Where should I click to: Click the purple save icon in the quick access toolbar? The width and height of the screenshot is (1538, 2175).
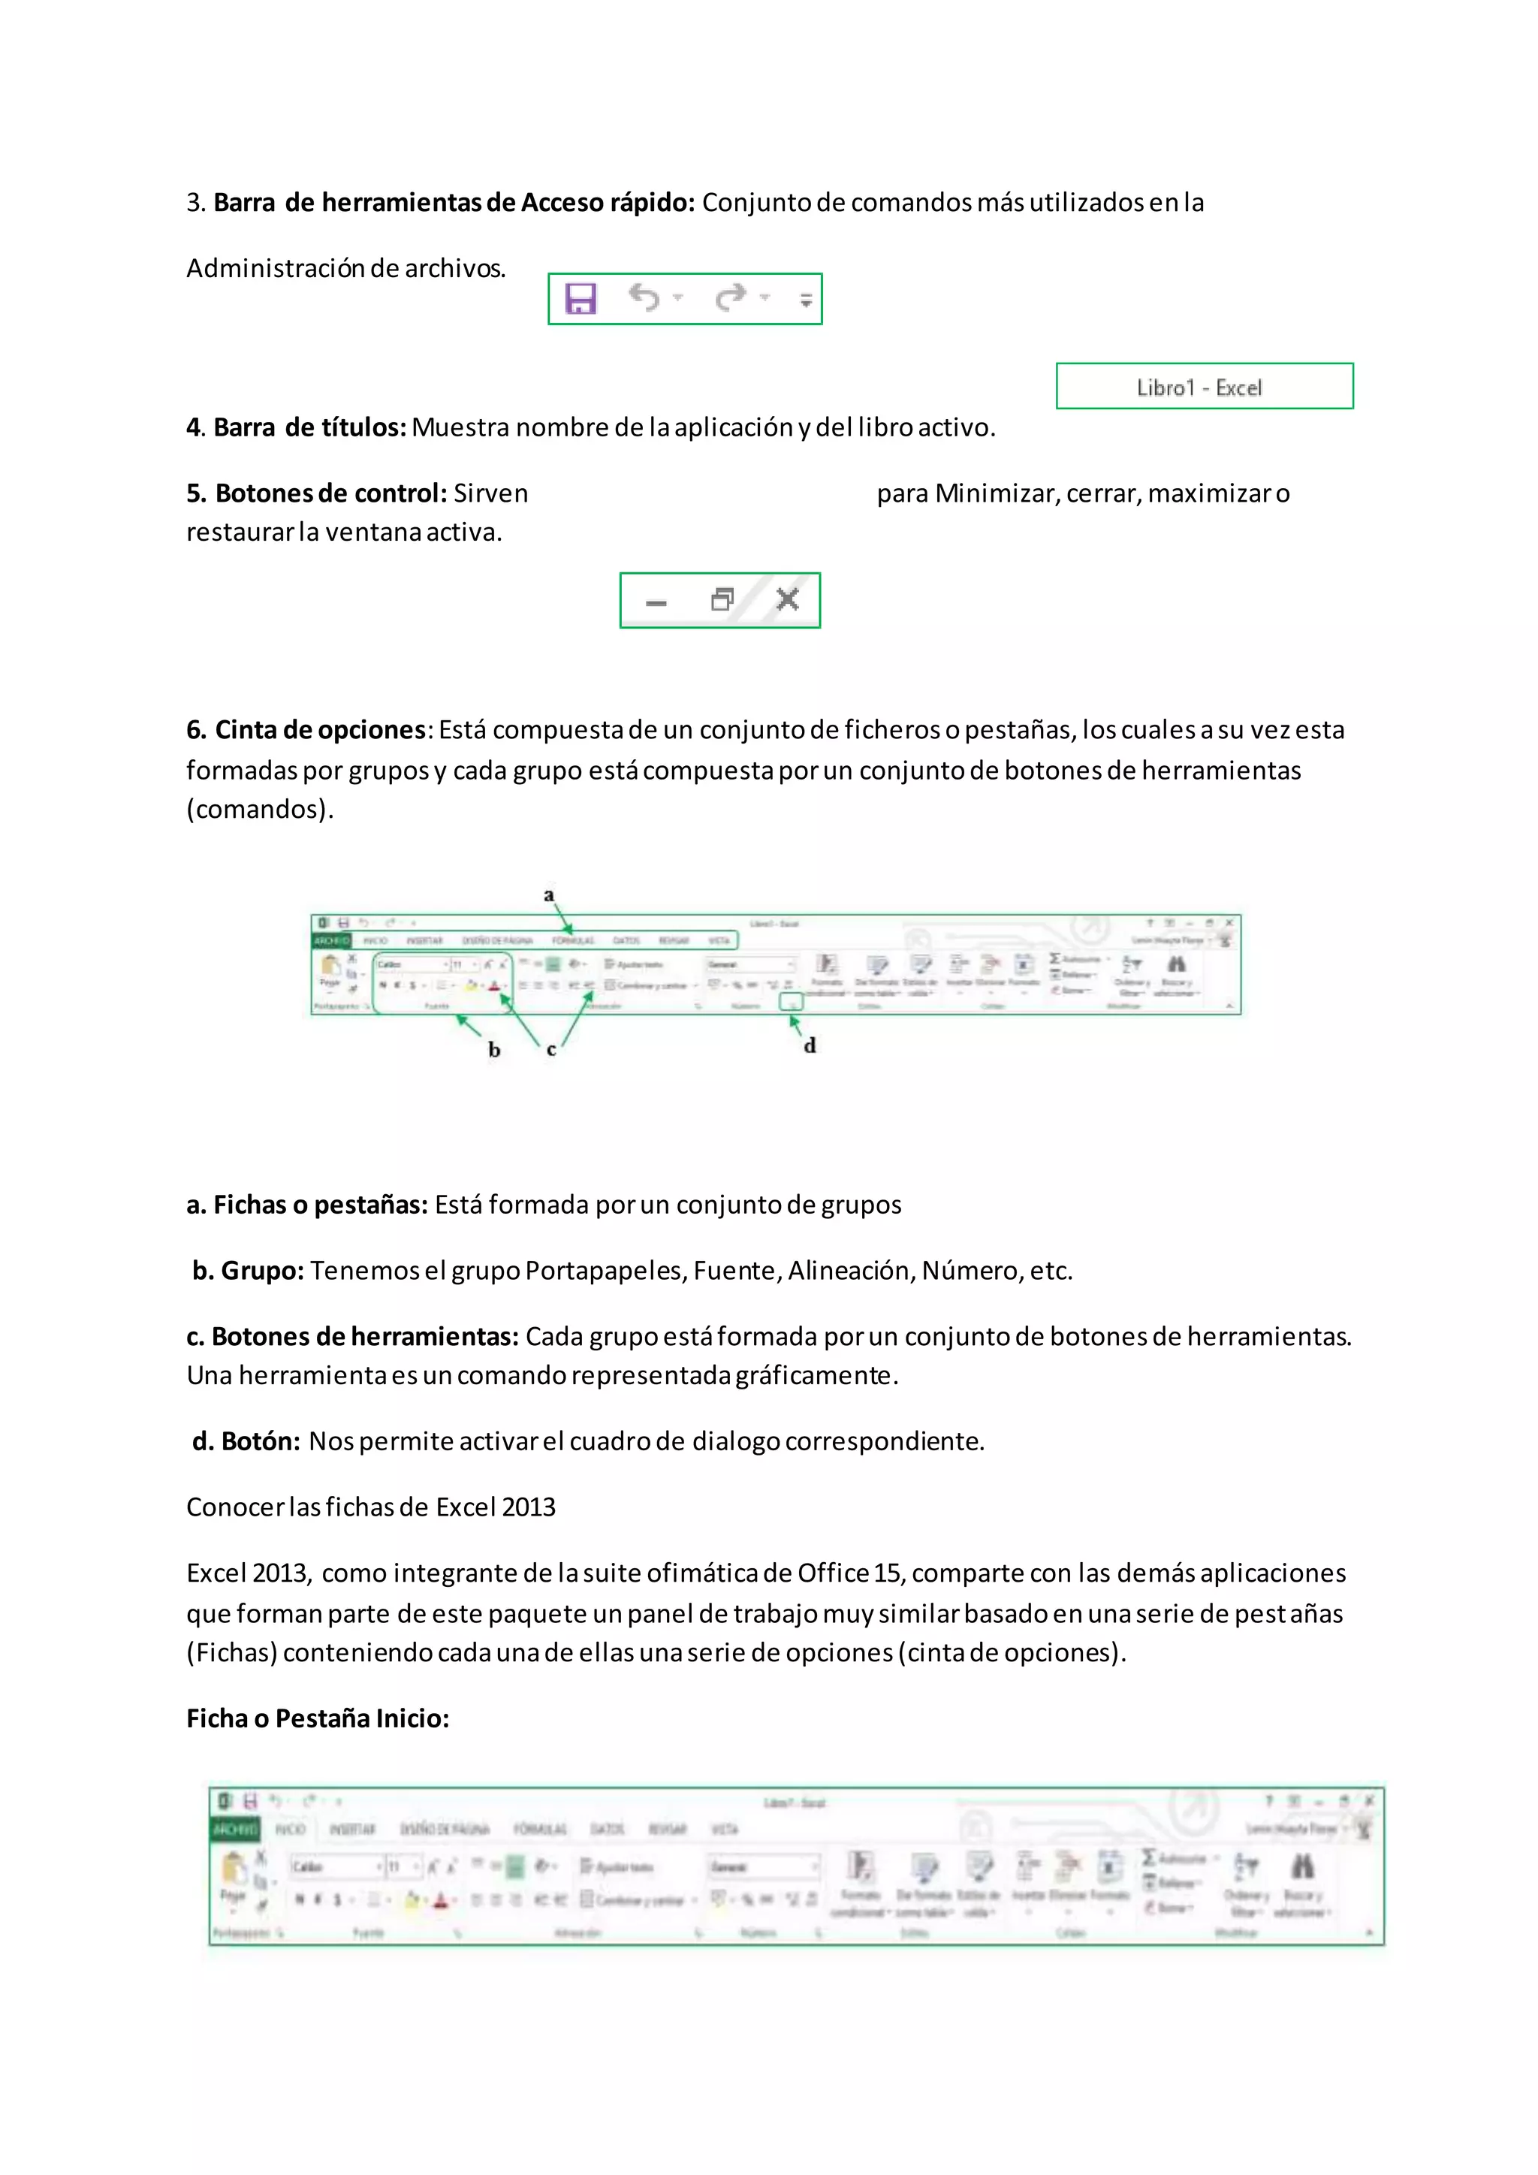(580, 298)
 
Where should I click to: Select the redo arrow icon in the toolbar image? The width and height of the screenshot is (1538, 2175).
(730, 297)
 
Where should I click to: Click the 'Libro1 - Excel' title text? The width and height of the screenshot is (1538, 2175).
(1199, 388)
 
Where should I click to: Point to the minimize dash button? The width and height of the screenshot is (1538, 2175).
(656, 602)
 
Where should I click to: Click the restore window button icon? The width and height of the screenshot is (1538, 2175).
(722, 599)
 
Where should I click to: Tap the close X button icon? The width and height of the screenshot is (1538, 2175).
(787, 599)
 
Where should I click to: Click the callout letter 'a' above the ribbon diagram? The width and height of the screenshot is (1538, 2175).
(548, 895)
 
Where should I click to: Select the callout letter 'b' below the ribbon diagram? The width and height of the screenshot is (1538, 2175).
(493, 1050)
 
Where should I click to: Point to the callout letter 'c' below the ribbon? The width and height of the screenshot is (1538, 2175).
(551, 1050)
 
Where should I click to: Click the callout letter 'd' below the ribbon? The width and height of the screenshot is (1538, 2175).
(810, 1046)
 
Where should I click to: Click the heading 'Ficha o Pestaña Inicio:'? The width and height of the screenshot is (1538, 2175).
(317, 1718)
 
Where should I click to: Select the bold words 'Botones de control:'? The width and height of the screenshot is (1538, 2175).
(317, 493)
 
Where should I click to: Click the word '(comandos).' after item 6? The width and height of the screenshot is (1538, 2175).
(260, 809)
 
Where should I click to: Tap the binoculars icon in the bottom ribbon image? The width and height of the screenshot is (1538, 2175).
(1302, 1867)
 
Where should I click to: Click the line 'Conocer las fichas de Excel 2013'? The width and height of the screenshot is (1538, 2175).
(370, 1507)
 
